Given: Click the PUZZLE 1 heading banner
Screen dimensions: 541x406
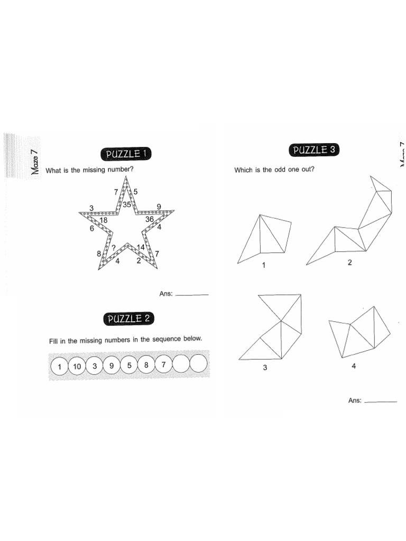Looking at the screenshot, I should coord(125,154).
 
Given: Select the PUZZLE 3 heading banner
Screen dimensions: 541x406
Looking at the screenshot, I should coord(315,150).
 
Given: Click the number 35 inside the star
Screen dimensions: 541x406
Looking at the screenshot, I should coord(127,204).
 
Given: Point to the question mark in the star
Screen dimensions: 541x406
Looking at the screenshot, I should coord(113,247).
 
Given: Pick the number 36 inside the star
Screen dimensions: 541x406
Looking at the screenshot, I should coord(149,219).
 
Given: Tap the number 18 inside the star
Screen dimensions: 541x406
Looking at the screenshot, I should coord(104,220).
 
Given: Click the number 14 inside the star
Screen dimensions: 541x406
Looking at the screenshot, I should coord(141,247).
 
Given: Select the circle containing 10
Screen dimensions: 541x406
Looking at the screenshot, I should coord(77,366).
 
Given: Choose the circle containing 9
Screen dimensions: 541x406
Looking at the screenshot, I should coord(112,365).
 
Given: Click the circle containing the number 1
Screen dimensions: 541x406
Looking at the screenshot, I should coord(60,367).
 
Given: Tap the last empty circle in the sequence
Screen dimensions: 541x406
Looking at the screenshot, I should coord(198,364).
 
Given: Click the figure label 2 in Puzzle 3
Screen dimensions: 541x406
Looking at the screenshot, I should coord(349,263).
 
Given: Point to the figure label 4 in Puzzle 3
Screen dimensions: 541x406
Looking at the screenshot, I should coord(354,366).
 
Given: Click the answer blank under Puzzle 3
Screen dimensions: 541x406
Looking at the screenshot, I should coord(381,401).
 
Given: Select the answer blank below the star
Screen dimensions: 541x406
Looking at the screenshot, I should coord(191,294).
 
